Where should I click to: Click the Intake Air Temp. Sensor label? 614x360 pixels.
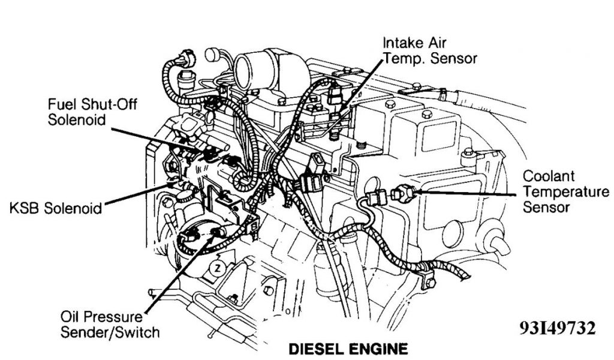tap(430, 50)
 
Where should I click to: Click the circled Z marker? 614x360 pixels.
tap(219, 269)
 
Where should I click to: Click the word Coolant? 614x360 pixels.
tap(549, 177)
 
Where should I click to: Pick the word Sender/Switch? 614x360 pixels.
tap(124, 331)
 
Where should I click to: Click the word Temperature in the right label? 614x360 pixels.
tap(565, 192)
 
